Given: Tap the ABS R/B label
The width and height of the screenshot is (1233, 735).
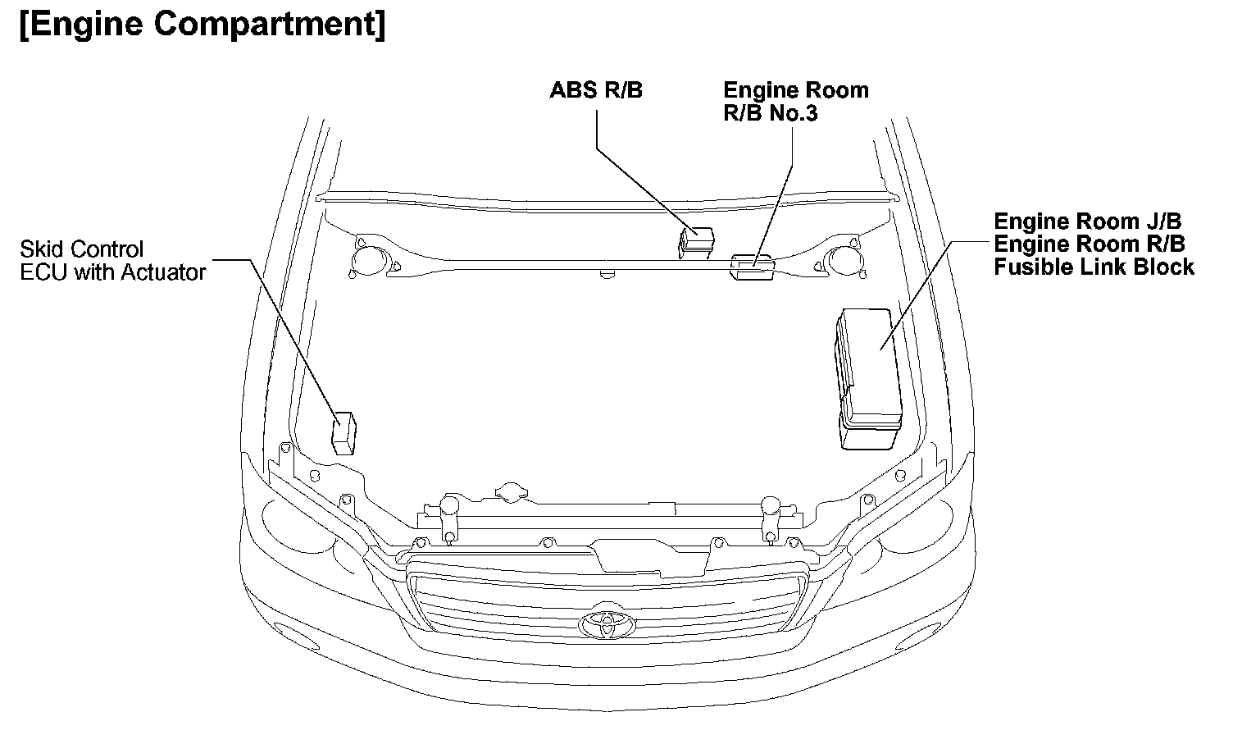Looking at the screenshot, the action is (596, 90).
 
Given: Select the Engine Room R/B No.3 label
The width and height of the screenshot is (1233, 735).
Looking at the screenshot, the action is (794, 101).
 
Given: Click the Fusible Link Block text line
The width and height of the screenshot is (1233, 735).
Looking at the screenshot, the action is (1094, 267).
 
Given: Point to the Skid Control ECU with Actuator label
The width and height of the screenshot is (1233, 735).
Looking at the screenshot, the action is (112, 260).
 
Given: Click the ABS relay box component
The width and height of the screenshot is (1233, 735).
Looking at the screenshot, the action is (696, 241).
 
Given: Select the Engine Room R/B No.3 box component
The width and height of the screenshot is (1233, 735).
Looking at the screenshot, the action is (753, 267).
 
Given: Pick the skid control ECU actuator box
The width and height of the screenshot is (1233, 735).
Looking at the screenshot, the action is (344, 433).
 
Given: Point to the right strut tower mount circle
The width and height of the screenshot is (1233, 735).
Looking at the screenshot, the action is (841, 259).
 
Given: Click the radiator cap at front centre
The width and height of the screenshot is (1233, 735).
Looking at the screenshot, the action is (512, 491).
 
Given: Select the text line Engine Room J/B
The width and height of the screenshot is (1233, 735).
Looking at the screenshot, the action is (1088, 221).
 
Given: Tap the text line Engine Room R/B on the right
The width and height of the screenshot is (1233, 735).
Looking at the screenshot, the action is (1090, 244).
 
